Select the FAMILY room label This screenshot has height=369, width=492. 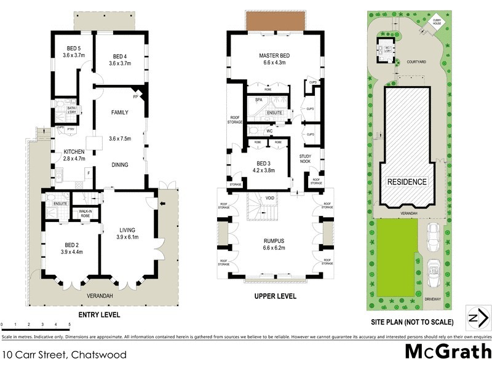[119, 113]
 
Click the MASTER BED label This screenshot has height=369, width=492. [274, 56]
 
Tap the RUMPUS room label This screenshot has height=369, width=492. [275, 240]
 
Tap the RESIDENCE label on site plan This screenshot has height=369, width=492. [406, 182]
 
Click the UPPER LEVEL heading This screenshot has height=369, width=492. [275, 296]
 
